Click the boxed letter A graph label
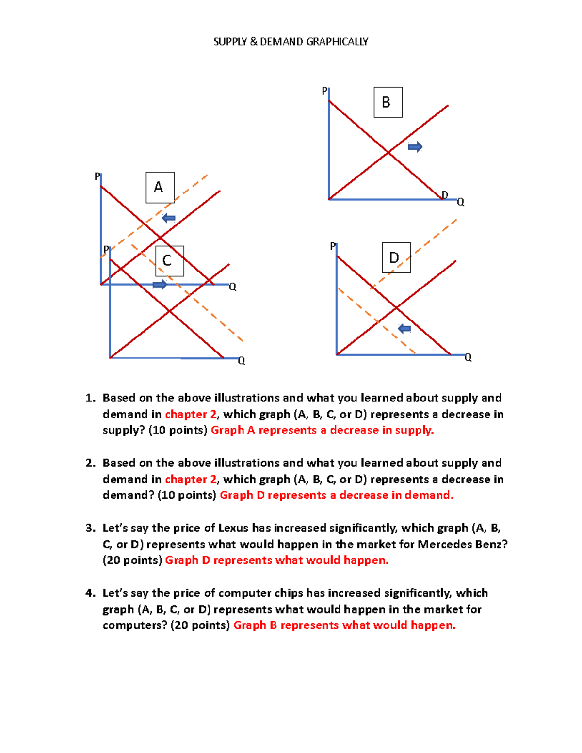click(x=160, y=187)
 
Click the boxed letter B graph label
click(x=388, y=102)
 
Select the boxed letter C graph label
click(x=169, y=261)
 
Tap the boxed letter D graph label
click(x=396, y=257)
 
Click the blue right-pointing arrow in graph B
click(x=415, y=147)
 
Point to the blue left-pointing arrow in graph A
click(x=168, y=218)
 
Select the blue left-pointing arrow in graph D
click(x=404, y=329)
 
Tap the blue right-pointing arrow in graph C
click(x=160, y=285)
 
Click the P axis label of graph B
click(x=324, y=91)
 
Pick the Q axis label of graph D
click(x=468, y=358)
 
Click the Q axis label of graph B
click(x=461, y=202)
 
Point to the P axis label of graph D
click(x=333, y=246)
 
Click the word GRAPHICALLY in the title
click(x=337, y=42)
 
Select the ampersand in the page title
click(x=254, y=42)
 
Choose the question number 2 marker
click(x=90, y=463)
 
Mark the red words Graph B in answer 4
click(x=255, y=625)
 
